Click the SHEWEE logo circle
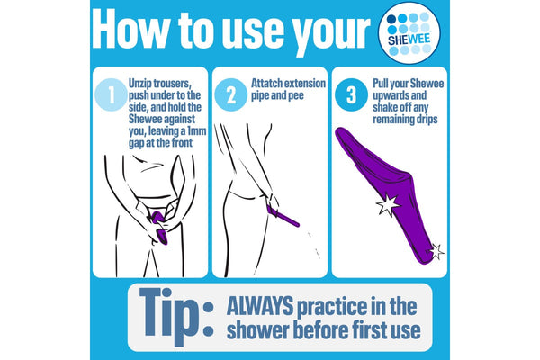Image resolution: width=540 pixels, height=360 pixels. [x=409, y=33]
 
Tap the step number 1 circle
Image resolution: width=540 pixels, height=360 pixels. [x=112, y=94]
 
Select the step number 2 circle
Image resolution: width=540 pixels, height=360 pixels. [x=230, y=94]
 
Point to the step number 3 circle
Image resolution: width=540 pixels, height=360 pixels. [x=351, y=94]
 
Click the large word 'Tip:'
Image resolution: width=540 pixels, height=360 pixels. [x=176, y=316]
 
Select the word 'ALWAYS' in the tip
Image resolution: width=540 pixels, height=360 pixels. [x=260, y=306]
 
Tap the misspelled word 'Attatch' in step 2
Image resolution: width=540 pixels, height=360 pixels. [x=266, y=84]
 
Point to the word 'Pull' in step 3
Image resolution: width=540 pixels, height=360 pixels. [x=381, y=84]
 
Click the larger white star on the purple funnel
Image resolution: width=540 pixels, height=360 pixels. [x=388, y=204]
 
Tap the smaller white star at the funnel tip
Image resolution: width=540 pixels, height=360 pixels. [x=436, y=251]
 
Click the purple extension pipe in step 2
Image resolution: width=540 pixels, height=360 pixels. [x=283, y=216]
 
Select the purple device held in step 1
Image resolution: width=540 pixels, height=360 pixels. [x=158, y=228]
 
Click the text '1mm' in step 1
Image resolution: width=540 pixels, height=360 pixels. [x=196, y=131]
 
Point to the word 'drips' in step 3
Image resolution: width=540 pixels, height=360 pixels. [x=427, y=119]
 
